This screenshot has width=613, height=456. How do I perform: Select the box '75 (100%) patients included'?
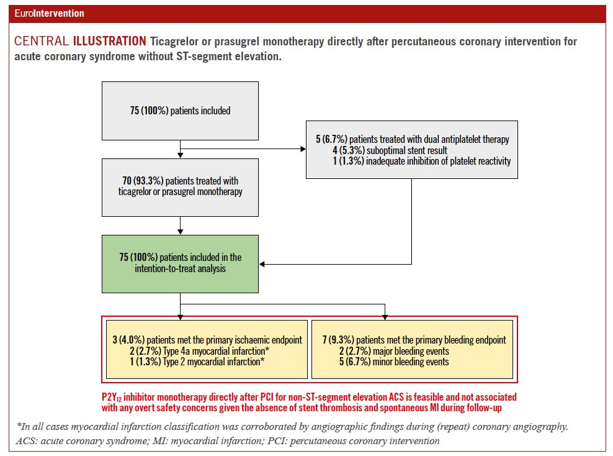click(x=180, y=111)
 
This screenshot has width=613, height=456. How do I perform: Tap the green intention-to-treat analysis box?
click(x=180, y=263)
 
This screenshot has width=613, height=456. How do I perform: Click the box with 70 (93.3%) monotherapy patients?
click(x=180, y=186)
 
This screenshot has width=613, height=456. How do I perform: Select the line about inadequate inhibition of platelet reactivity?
click(x=421, y=162)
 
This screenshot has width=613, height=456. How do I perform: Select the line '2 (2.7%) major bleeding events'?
click(x=395, y=351)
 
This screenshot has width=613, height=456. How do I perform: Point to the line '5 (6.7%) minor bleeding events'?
click(x=395, y=362)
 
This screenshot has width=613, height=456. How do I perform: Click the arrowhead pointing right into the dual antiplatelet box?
click(x=303, y=149)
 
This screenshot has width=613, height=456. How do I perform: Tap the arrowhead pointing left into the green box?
click(x=262, y=264)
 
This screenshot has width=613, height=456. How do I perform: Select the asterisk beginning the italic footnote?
click(x=19, y=427)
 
